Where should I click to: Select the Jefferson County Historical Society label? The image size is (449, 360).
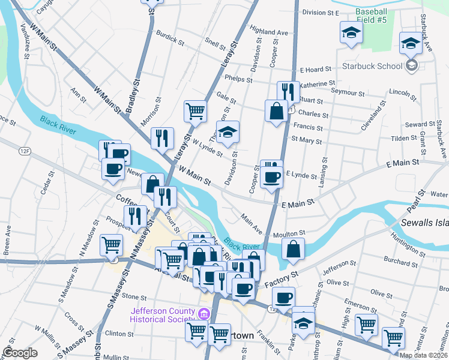(164, 315)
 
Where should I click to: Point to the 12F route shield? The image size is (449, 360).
(25, 150)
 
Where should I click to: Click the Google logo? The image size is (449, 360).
(20, 353)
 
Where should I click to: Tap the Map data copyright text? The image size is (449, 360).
(423, 355)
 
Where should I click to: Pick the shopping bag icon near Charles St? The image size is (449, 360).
(276, 112)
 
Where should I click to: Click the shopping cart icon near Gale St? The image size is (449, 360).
(195, 110)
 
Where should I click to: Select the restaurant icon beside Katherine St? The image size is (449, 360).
(288, 92)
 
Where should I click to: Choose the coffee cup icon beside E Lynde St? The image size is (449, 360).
(272, 177)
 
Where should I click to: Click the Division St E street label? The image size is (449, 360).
(321, 12)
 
